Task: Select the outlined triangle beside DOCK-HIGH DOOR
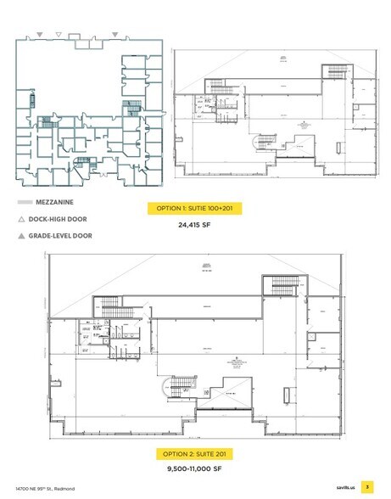pyautogui.click(x=23, y=219)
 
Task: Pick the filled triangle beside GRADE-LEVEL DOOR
pyautogui.click(x=23, y=235)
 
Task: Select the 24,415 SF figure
pyautogui.click(x=194, y=226)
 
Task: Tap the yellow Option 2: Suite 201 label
pyautogui.click(x=194, y=452)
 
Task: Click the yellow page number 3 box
pyautogui.click(x=366, y=487)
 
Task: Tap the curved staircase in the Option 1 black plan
pyautogui.click(x=260, y=140)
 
